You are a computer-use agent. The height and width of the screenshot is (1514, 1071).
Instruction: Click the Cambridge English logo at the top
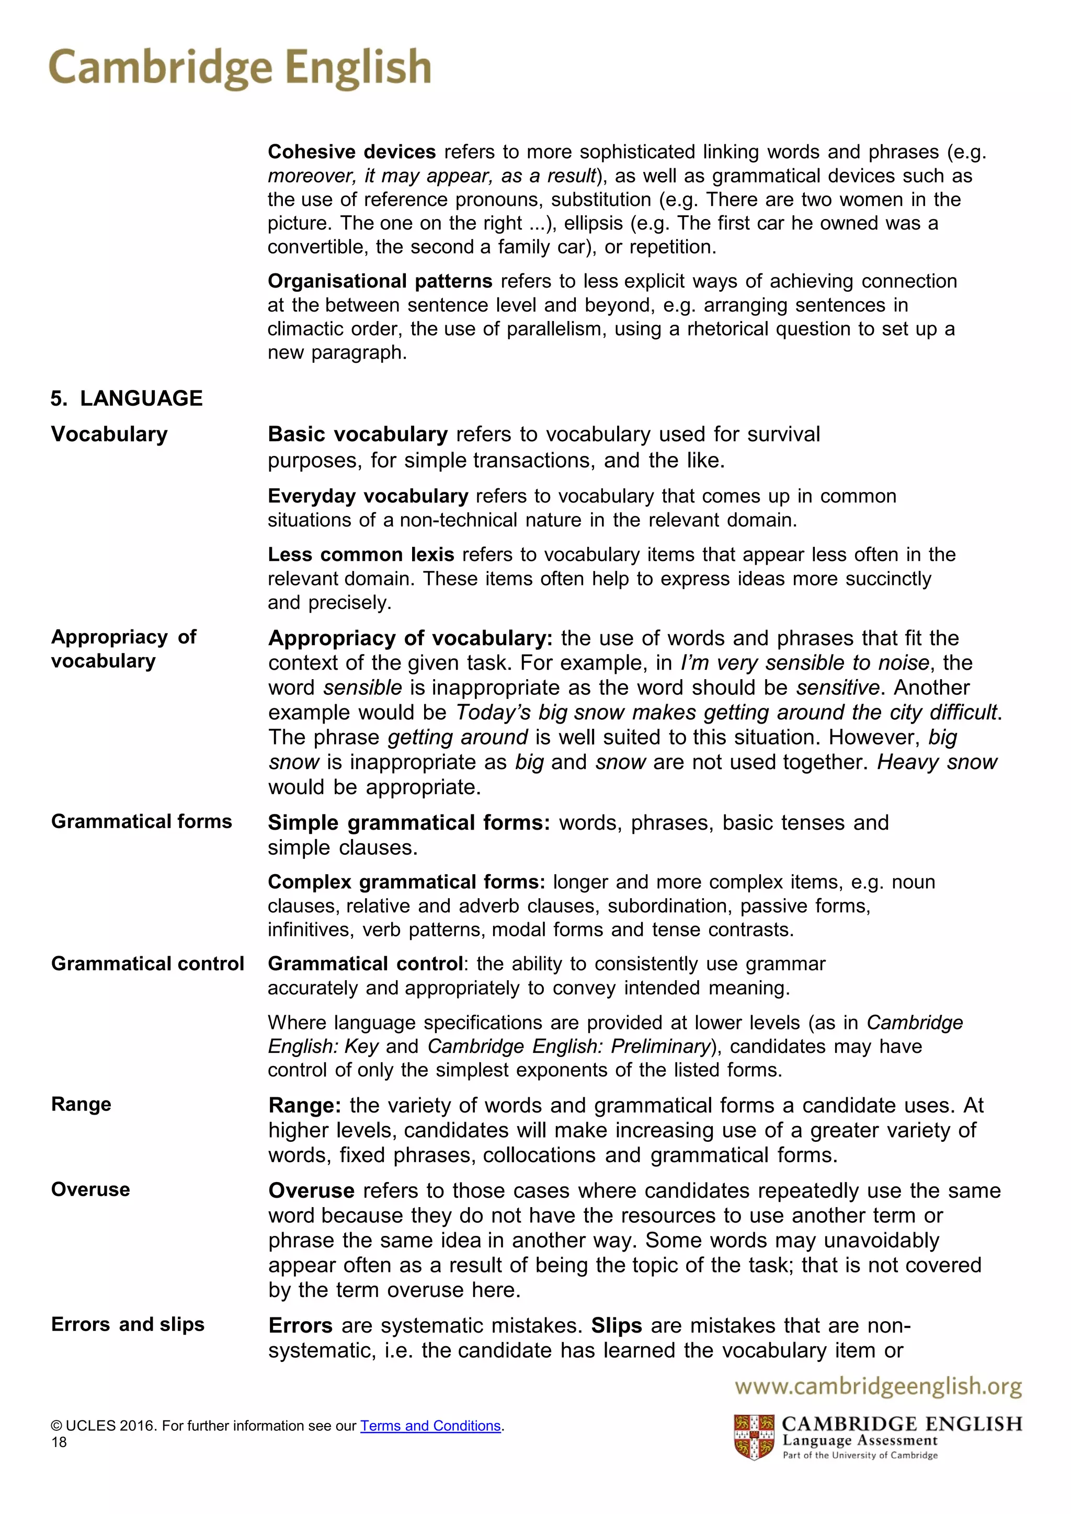pos(240,68)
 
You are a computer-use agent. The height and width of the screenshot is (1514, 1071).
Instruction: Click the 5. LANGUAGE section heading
pos(127,398)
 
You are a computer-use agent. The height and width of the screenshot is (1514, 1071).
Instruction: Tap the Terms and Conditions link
pos(430,1426)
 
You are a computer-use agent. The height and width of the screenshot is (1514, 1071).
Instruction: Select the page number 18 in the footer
pos(59,1442)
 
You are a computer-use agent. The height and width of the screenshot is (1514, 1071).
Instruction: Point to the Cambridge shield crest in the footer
pos(754,1437)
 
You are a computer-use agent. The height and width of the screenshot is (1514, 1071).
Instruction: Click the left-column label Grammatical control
pos(147,964)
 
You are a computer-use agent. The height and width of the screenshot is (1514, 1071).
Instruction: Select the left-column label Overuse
pos(90,1189)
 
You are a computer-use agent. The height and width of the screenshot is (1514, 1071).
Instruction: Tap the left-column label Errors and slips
pos(128,1324)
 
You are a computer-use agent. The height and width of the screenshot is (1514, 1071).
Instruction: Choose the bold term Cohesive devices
pos(351,152)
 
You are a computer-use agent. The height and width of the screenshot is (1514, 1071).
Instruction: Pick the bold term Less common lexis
pos(361,555)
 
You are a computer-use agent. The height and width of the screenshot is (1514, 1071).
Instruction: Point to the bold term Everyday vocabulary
pos(368,496)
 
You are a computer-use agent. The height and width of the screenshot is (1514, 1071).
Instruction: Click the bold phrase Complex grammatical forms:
pos(406,882)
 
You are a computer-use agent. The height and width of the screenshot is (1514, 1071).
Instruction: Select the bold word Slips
pos(616,1325)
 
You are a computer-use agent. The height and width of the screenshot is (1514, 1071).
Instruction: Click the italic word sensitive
pos(838,688)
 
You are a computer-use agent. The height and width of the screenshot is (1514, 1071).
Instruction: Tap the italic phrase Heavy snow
pos(937,762)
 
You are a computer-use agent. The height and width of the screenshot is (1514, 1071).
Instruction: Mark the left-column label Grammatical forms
pos(141,822)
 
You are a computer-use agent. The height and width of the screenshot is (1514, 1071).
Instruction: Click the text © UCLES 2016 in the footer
pos(104,1426)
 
